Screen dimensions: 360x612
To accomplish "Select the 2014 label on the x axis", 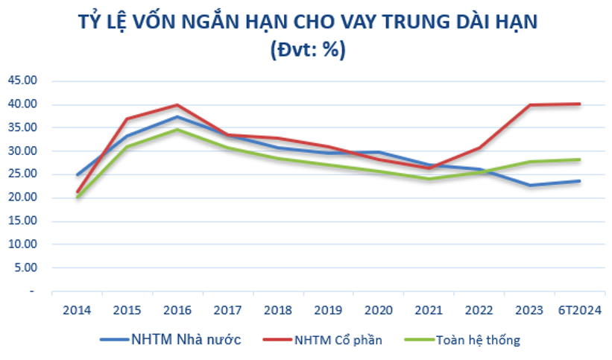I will [x=76, y=309].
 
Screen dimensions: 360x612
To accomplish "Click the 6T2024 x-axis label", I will [x=579, y=309].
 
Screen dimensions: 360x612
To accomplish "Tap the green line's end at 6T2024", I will [x=579, y=160].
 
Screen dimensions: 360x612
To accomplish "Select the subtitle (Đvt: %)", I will [x=306, y=49].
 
